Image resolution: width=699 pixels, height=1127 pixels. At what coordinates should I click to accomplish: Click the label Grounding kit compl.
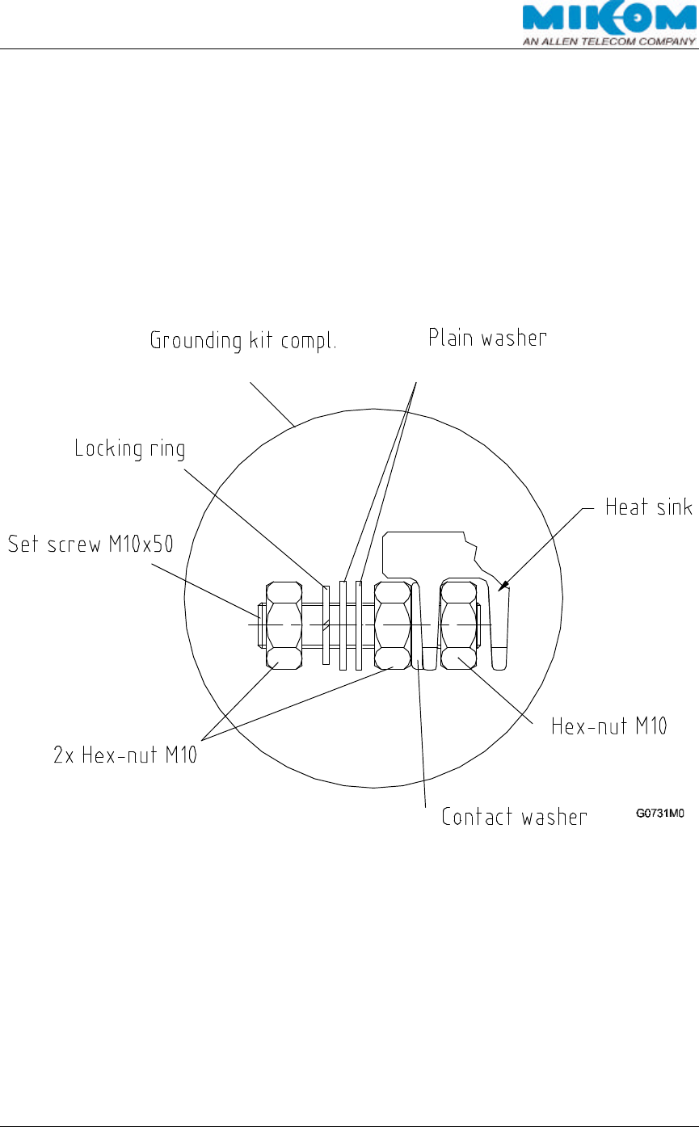(x=243, y=341)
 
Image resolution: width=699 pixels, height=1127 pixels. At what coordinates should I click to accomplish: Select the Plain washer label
(x=487, y=338)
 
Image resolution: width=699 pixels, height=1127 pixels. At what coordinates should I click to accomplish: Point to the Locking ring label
(x=129, y=448)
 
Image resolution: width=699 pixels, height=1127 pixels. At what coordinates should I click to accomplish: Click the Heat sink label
(x=649, y=507)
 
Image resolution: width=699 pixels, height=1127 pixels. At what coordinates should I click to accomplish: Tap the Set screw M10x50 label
(x=90, y=545)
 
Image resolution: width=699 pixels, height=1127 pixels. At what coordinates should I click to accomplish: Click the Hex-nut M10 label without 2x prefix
(x=608, y=726)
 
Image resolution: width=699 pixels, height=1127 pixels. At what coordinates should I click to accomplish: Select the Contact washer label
(x=514, y=817)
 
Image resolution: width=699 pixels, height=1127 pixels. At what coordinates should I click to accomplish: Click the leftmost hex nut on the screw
(x=283, y=625)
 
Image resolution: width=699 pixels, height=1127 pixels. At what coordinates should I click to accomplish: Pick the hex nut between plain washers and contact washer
(x=394, y=625)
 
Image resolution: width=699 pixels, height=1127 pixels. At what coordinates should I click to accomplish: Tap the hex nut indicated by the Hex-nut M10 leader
(x=458, y=625)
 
